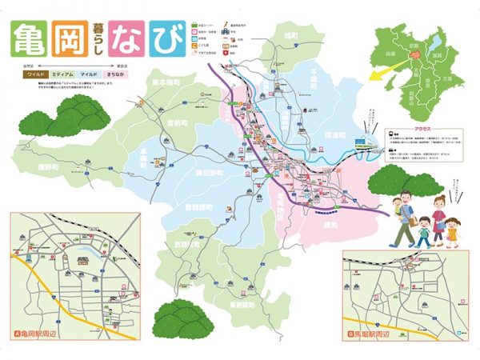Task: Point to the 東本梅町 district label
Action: click(x=166, y=82)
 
